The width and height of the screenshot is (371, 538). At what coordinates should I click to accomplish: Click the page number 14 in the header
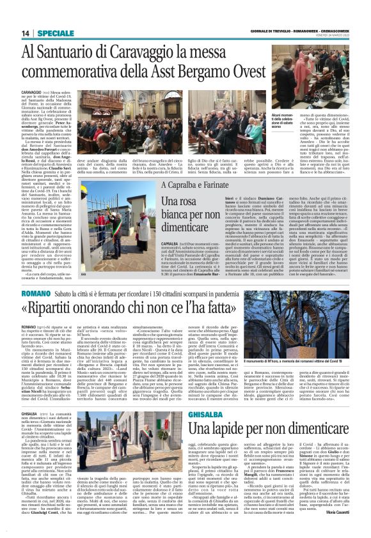pos(26,33)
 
